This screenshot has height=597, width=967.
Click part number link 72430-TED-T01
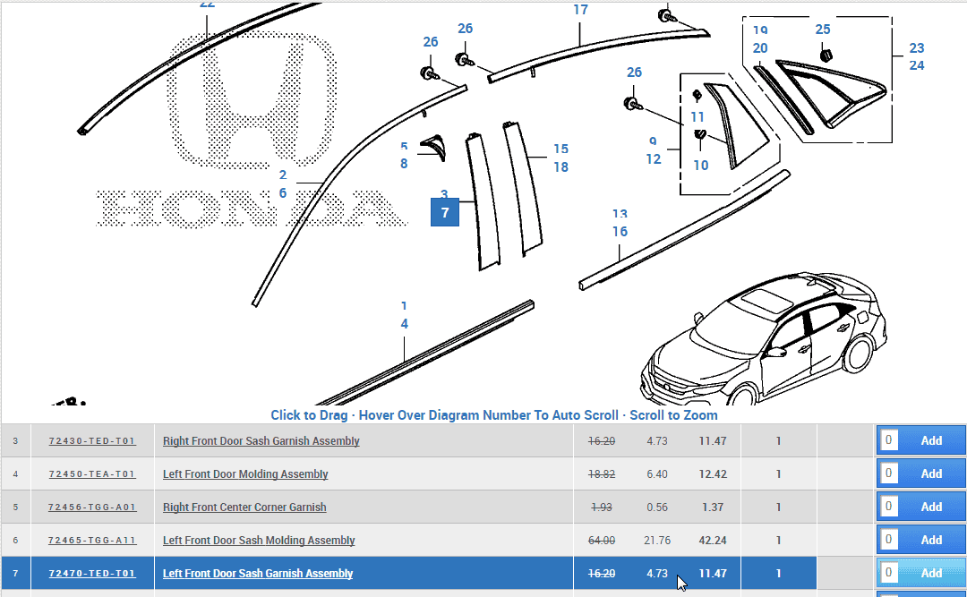[x=92, y=441]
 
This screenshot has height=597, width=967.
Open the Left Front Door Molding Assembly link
[x=245, y=474]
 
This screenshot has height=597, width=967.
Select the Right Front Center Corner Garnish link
[x=244, y=507]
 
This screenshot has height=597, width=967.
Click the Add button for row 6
[x=931, y=540]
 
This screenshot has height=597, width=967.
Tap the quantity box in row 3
[x=888, y=440]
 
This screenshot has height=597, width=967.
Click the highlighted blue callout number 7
[x=445, y=213]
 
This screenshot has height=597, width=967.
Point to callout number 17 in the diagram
[x=580, y=10]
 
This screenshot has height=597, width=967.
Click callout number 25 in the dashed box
[x=823, y=30]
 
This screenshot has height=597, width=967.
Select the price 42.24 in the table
[x=712, y=540]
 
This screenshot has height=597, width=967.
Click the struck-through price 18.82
[x=601, y=474]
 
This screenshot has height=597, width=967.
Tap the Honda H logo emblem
[x=247, y=98]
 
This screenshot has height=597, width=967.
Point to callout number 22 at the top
[x=207, y=4]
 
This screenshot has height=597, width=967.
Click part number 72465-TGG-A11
[x=92, y=541]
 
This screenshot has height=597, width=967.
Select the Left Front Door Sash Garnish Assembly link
[x=258, y=574]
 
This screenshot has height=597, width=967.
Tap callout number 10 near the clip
[x=700, y=165]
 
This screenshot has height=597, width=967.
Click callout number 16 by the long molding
[x=620, y=232]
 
